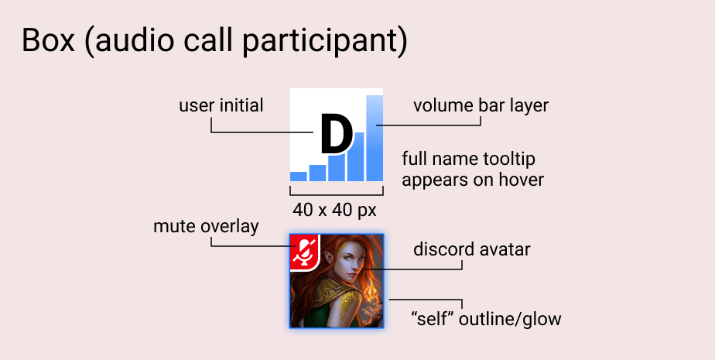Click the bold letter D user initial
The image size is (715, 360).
tap(337, 135)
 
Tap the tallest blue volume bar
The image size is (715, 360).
tap(375, 139)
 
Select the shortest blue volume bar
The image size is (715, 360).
tap(299, 177)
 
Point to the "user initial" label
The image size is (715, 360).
tap(221, 105)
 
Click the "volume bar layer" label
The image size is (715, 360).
tap(481, 105)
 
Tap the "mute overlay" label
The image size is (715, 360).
tap(206, 226)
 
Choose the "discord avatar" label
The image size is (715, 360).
tap(472, 249)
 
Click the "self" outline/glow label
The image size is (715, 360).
tap(486, 318)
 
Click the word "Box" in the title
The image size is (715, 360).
tap(48, 40)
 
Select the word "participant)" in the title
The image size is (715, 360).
tap(325, 42)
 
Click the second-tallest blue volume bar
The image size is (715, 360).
tap(356, 156)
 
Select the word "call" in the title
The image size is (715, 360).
tap(209, 40)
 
